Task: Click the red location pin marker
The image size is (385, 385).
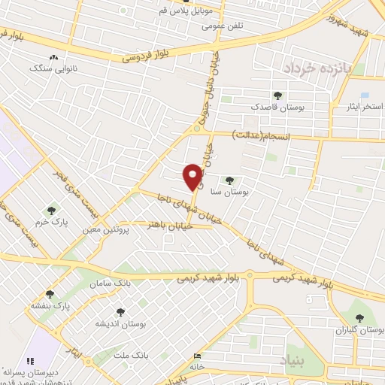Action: (192, 177)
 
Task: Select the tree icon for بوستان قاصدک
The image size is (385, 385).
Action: (277, 95)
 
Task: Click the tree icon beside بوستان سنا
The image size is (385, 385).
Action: (229, 180)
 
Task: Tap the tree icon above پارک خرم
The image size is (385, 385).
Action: (51, 211)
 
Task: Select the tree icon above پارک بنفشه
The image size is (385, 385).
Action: (50, 294)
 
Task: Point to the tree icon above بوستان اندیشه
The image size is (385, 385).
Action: (119, 311)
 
